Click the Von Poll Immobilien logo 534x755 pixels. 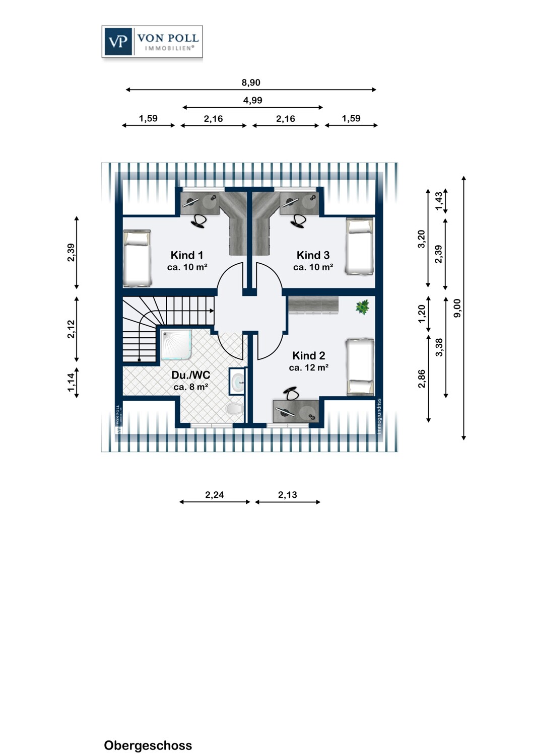(x=152, y=41)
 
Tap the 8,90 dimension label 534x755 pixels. (x=251, y=83)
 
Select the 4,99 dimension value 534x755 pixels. (x=253, y=100)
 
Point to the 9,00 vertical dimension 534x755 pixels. (x=457, y=308)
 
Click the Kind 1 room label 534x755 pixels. (x=187, y=255)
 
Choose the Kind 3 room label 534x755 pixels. (x=313, y=255)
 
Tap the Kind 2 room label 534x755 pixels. (x=309, y=355)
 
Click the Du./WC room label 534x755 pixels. (x=190, y=375)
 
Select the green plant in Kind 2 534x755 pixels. (x=362, y=307)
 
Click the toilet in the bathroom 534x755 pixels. (x=234, y=409)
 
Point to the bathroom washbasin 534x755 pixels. (x=238, y=381)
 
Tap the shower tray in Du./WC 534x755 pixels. (x=176, y=345)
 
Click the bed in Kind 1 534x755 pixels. (x=137, y=259)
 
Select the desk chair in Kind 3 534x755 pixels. (x=298, y=220)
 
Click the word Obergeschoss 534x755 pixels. (x=148, y=745)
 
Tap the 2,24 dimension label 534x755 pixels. (x=215, y=494)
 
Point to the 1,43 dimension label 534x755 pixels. (x=438, y=200)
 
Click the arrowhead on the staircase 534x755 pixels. (x=212, y=311)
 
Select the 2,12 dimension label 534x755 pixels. (x=71, y=329)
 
